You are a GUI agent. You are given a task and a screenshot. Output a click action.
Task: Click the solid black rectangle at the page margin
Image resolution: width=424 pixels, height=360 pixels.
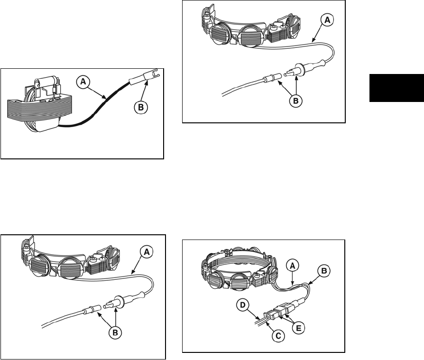[x=396, y=88]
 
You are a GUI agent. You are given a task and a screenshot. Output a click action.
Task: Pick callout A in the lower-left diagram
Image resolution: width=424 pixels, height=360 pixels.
[x=147, y=252]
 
